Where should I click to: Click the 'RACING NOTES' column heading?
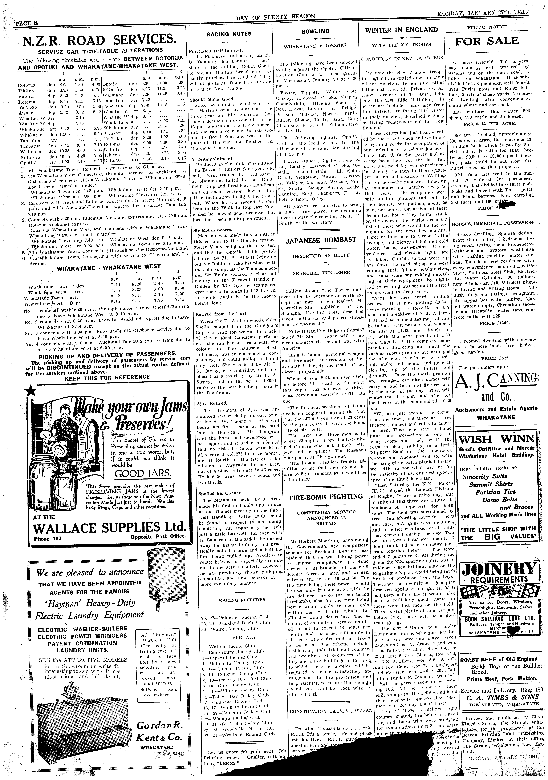[229, 34]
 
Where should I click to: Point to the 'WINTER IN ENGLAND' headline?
[401, 30]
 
